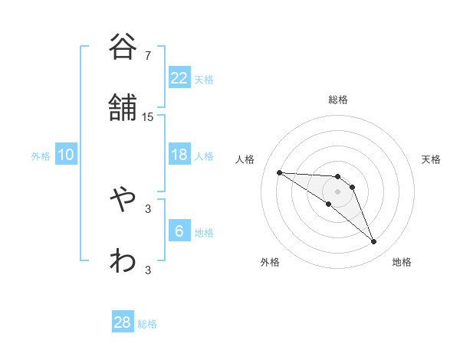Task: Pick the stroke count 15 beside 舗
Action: coord(148,117)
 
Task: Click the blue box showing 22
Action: coord(179,78)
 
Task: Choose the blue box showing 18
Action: coord(179,155)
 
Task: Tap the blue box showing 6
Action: coord(179,231)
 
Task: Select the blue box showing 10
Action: coord(66,155)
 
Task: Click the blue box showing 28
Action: coord(123,322)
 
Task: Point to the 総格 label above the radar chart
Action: coord(338,100)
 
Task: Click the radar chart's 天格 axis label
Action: coord(431,159)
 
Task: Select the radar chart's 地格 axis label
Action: coord(402,262)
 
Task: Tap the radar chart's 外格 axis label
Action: coord(270,262)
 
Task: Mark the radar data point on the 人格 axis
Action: coord(279,172)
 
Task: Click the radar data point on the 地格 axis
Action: coord(373,242)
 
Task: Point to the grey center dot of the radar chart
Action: coord(338,191)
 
